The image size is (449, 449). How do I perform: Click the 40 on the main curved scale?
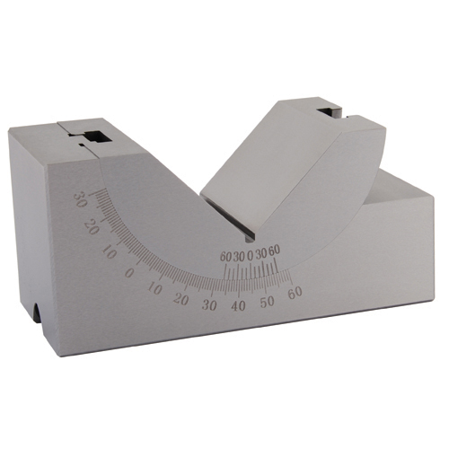coord(238,306)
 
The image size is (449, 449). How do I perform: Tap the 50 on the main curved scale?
coord(267,300)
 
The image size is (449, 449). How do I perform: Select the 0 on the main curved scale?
coord(129,271)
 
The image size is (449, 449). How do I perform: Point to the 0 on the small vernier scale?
coord(250,256)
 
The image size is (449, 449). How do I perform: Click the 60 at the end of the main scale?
coord(294,291)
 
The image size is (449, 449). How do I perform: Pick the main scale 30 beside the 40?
coord(210,305)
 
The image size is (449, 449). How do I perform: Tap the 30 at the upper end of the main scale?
coord(79,198)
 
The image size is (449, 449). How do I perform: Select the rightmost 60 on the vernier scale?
coord(275,251)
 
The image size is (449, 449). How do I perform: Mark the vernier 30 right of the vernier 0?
coord(261,253)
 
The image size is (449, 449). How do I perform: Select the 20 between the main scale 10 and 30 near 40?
coord(180,299)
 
